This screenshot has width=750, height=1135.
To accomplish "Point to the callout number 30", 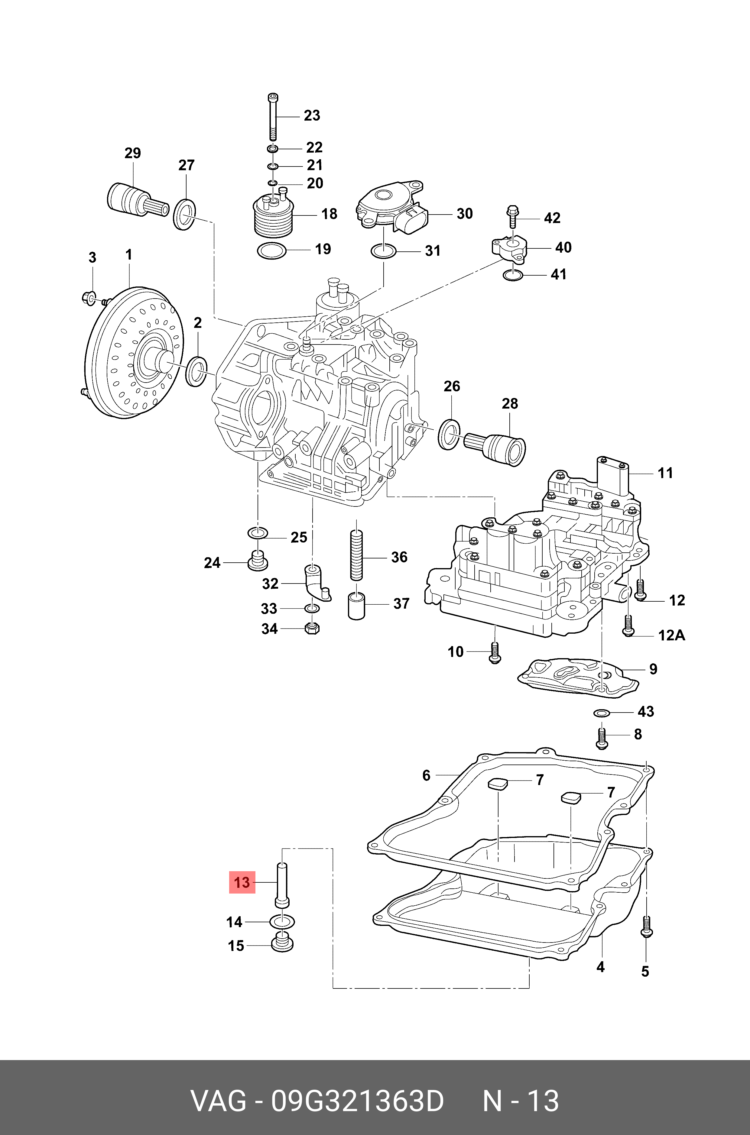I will [464, 214].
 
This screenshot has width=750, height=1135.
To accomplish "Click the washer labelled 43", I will [601, 713].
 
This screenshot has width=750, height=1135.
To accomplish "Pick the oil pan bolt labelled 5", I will [646, 930].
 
